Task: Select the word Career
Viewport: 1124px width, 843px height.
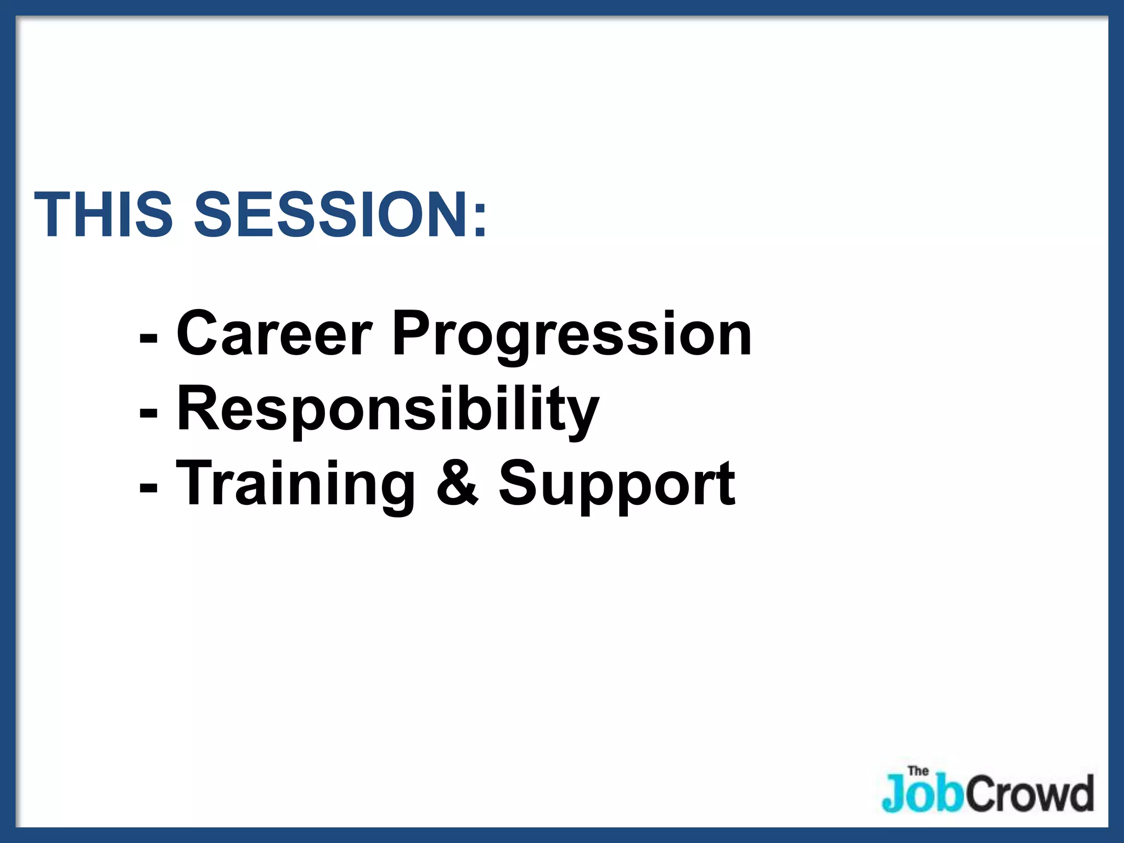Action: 274,333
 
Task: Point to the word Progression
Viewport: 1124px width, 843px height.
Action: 571,335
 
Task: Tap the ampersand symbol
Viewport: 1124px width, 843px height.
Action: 457,483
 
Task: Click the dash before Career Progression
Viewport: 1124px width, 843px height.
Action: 149,336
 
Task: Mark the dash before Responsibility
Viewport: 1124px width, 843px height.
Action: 149,412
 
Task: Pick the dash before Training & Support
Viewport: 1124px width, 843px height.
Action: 149,486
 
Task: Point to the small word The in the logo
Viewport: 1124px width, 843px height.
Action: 918,771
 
